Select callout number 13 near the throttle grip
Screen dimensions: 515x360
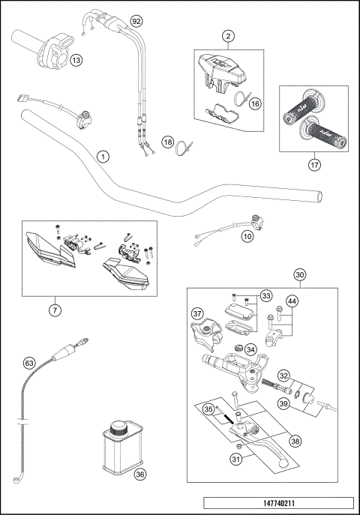pyautogui.click(x=76, y=60)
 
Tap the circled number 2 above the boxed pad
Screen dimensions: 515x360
pyautogui.click(x=228, y=35)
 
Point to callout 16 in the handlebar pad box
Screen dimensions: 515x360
pyautogui.click(x=255, y=104)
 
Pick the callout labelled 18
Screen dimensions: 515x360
pyautogui.click(x=168, y=142)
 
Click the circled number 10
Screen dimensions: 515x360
pyautogui.click(x=247, y=236)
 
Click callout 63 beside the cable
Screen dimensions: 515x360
pyautogui.click(x=29, y=364)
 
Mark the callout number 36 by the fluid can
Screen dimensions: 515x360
pyautogui.click(x=139, y=474)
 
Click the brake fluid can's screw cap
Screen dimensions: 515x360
pyautogui.click(x=118, y=430)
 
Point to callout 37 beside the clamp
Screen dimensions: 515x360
pyautogui.click(x=197, y=313)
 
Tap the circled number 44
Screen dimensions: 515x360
pyautogui.click(x=292, y=301)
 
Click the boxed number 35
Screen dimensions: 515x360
pyautogui.click(x=209, y=409)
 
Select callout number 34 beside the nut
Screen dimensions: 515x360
pyautogui.click(x=250, y=349)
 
